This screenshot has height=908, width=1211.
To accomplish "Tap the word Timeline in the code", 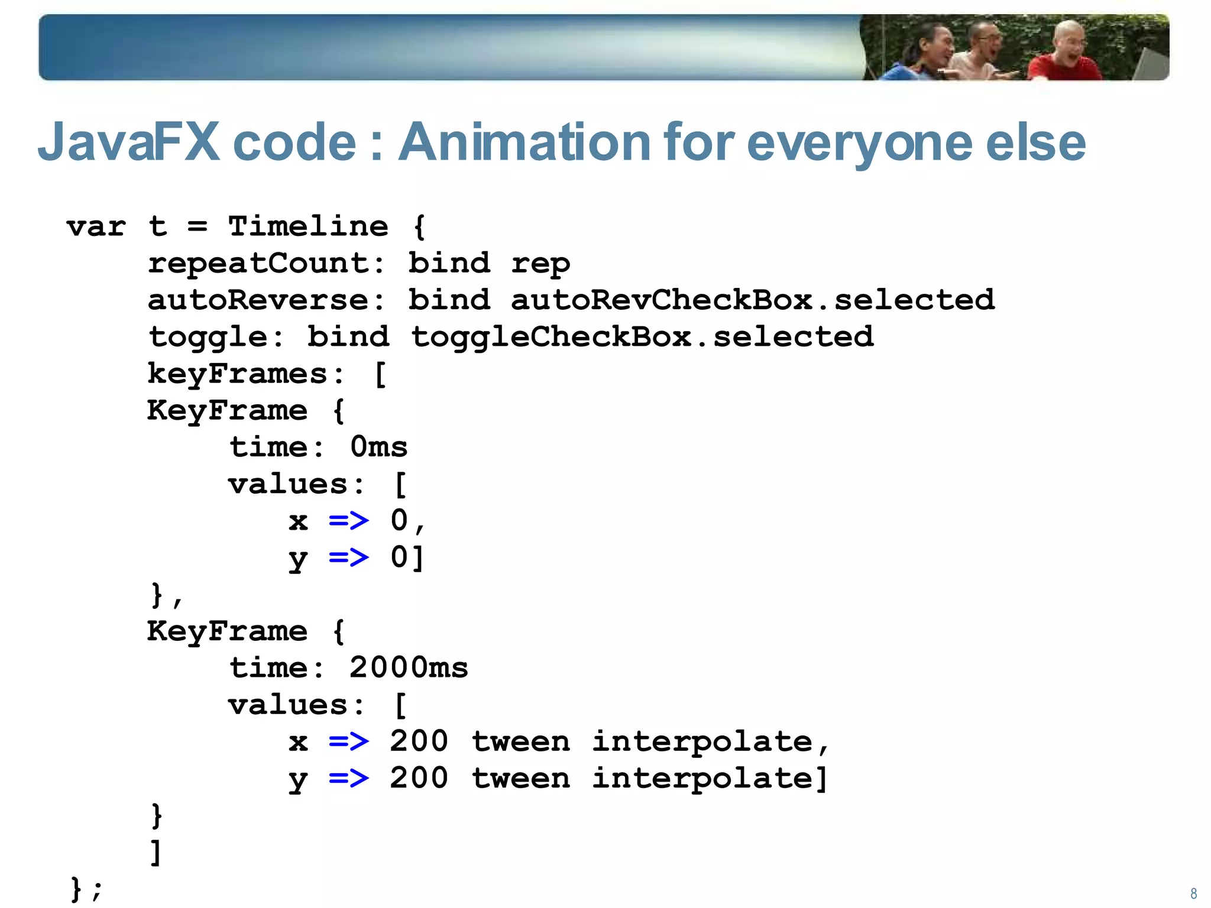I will click(x=308, y=226).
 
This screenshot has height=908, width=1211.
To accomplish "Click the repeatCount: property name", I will click(x=267, y=264).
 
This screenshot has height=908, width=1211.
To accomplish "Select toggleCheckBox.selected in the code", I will click(x=642, y=337).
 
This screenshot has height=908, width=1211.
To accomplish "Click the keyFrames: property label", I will click(x=246, y=374).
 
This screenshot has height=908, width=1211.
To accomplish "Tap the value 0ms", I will click(x=378, y=447).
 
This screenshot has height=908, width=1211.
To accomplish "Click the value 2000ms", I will click(x=409, y=668).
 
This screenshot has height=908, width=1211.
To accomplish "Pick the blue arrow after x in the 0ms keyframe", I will click(x=349, y=521).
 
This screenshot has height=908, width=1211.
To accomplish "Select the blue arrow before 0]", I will click(x=349, y=557).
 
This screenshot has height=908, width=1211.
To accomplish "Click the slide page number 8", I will click(x=1193, y=893).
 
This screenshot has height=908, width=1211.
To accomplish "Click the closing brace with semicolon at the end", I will click(x=86, y=888).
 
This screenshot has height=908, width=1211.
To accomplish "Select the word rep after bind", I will click(x=540, y=264).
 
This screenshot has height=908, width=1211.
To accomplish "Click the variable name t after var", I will click(x=157, y=226).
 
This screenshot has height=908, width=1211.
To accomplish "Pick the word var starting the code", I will click(x=96, y=226).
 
